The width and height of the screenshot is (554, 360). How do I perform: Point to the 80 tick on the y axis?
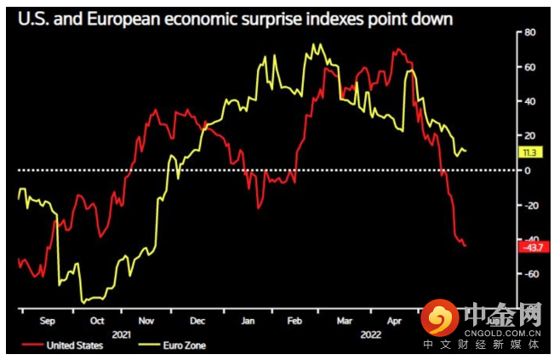tap(528, 32)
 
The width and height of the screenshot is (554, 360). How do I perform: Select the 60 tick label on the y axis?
tap(528, 66)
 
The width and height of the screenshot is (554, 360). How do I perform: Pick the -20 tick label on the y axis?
tap(530, 205)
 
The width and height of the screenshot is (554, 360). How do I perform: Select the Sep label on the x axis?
tap(47, 321)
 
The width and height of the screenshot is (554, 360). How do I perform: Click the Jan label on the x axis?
tap(247, 321)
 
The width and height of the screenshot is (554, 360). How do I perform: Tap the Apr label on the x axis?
tap(394, 321)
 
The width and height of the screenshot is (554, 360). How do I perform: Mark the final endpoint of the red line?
tap(465, 246)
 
